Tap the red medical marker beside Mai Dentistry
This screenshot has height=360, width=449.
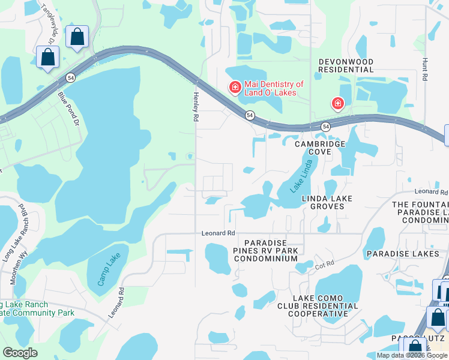(234, 88)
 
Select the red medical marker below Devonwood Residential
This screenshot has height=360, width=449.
(338, 104)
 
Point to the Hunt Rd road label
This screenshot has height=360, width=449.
(424, 69)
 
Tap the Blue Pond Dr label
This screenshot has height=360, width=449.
(68, 108)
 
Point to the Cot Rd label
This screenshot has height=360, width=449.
(324, 265)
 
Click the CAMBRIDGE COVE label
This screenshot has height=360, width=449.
(319, 148)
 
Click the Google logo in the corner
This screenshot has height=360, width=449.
(20, 353)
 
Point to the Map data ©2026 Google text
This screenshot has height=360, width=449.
(411, 355)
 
